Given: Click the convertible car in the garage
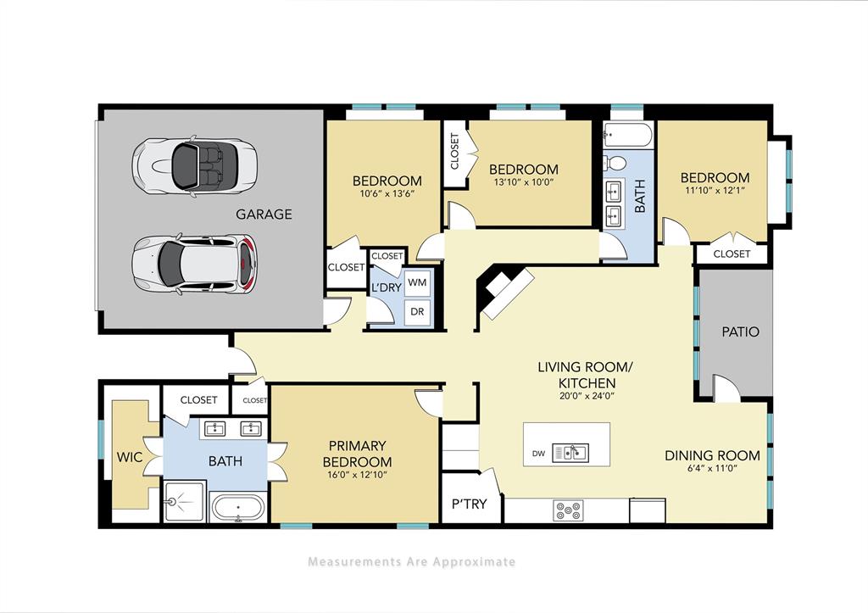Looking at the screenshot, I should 195,165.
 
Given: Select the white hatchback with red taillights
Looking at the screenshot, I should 195,264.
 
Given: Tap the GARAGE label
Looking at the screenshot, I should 264,215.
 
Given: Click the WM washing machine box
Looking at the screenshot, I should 417,281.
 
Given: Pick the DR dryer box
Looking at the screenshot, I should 417,311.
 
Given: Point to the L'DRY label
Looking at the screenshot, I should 386,287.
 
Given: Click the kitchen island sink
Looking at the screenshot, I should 570,452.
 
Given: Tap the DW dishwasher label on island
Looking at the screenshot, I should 538,454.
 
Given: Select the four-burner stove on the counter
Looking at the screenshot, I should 568,510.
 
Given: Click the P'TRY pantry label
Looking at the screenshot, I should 469,504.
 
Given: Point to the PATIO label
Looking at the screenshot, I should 740,332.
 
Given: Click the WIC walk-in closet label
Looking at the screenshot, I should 131,457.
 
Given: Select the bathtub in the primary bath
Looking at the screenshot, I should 237,507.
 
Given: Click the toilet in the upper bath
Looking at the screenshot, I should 617,162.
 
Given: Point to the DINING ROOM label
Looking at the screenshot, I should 711,455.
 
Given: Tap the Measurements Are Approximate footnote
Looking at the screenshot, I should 411,561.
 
